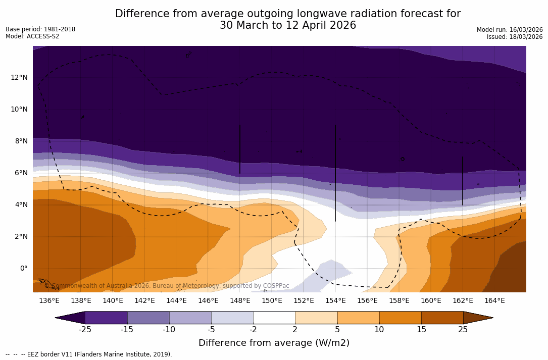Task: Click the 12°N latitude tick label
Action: [x=19, y=77]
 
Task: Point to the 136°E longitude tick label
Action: [x=49, y=301]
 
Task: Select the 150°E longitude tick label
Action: [x=272, y=301]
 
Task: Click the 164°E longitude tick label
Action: [x=494, y=301]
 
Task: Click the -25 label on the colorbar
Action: [x=85, y=330]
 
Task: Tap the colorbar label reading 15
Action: [x=421, y=330]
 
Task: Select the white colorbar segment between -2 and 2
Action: [x=274, y=318]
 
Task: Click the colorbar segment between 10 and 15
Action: [x=400, y=318]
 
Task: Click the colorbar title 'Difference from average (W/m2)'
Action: [x=274, y=343]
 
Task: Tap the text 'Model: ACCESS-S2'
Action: [x=32, y=36]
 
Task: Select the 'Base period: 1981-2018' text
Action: [x=40, y=29]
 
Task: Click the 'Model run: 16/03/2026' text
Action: [x=510, y=30]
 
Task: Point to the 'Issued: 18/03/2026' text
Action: [x=515, y=37]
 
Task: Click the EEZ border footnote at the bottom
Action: [x=89, y=354]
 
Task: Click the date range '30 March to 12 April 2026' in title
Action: [x=288, y=25]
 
